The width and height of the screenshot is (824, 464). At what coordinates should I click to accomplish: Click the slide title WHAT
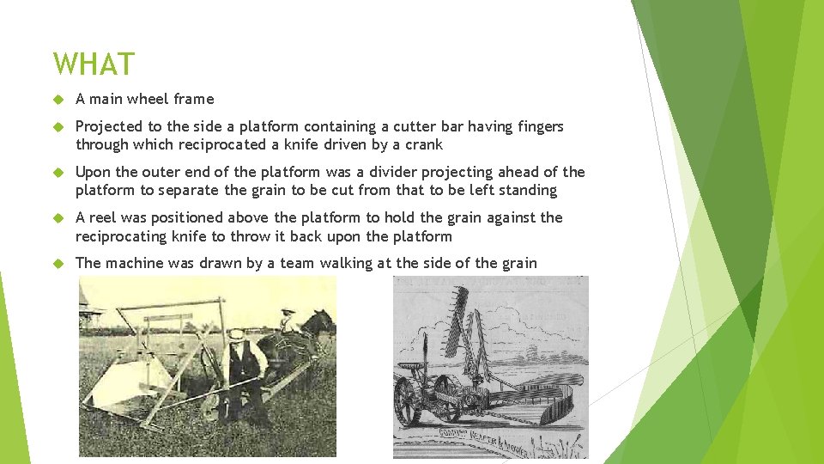pos(94,64)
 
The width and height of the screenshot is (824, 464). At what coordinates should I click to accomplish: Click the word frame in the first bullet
pos(194,99)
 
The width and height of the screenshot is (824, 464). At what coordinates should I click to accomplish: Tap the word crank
pos(422,144)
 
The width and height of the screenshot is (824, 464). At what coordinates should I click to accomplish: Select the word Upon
pos(92,172)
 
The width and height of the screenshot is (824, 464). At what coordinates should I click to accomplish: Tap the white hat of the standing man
pos(235,334)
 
